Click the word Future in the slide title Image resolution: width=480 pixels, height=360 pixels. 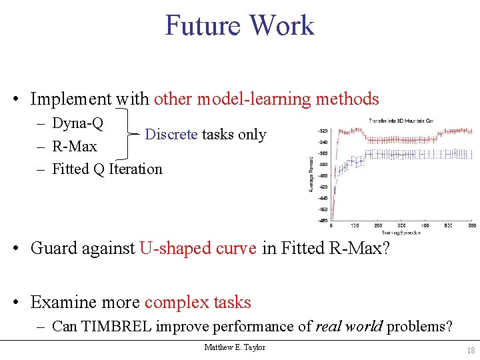coord(202,25)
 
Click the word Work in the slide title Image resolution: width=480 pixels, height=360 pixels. coord(280,25)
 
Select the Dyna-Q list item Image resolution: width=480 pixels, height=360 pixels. coord(77,123)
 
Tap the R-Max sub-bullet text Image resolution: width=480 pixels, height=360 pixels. coord(74,146)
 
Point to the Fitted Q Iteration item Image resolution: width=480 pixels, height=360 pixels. coord(107,169)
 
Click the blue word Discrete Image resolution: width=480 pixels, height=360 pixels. coord(171,134)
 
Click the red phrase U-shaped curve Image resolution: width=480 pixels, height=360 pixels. coord(198,248)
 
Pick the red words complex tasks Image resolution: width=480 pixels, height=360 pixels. coord(197,302)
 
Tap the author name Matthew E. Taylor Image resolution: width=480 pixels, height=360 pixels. coord(235,347)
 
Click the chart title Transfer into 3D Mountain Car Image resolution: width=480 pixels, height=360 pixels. coord(401,121)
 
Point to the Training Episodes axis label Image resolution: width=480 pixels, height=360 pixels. coord(401,232)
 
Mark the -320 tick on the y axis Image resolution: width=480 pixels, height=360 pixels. coord(323,131)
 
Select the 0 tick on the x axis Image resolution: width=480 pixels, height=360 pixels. coord(331,225)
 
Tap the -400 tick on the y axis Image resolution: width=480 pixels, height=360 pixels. coord(323,176)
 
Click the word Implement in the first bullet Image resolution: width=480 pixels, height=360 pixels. coord(71,99)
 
